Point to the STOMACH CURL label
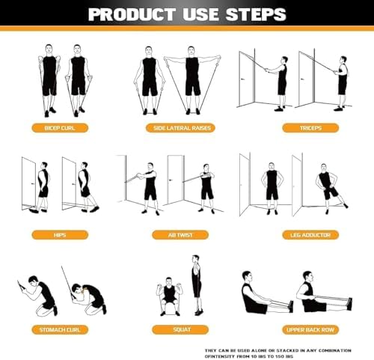[61, 329]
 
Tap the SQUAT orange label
[180, 329]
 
